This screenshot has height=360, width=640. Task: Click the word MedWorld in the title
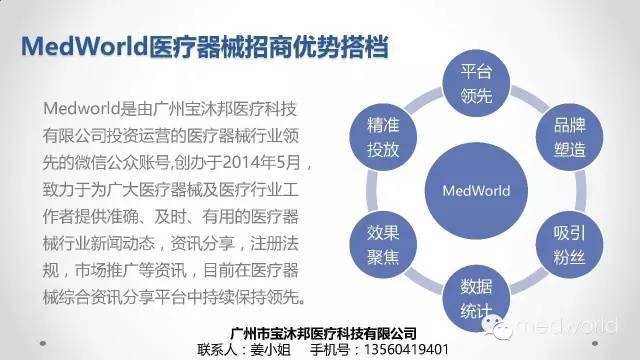pos(88,47)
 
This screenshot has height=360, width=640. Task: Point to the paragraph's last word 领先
pos(291,297)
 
